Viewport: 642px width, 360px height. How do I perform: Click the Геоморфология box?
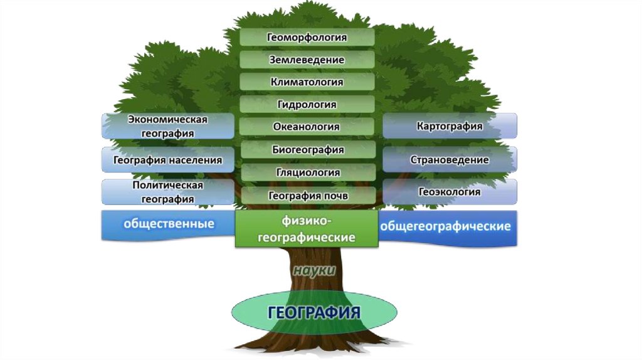307,37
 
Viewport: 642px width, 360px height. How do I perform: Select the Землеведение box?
307,60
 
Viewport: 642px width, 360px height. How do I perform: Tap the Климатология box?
307,82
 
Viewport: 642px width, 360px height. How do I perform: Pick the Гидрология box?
307,104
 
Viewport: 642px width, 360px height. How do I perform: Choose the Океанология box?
307,127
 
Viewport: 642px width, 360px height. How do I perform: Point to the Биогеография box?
307,149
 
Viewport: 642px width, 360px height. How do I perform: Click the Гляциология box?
307,172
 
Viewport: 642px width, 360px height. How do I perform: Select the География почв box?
307,196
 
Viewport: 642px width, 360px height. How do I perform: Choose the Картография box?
450,126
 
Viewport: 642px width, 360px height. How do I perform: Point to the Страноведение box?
450,160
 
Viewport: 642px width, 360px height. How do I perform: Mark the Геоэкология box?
450,192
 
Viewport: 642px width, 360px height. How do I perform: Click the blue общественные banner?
167,225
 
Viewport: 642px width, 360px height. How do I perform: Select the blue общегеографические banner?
448,226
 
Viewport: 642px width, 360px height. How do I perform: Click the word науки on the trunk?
314,270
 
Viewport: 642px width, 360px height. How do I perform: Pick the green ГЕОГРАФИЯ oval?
314,312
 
